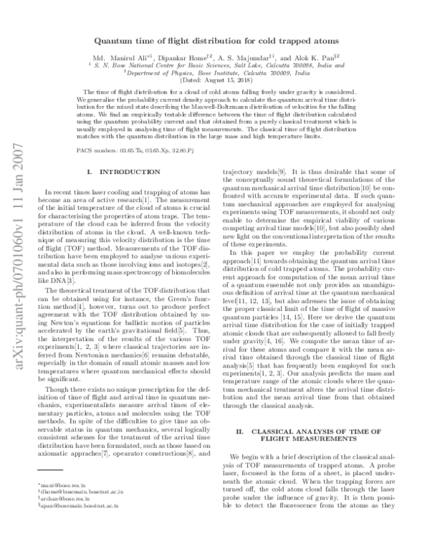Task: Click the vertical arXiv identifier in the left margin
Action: click(x=16, y=279)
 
